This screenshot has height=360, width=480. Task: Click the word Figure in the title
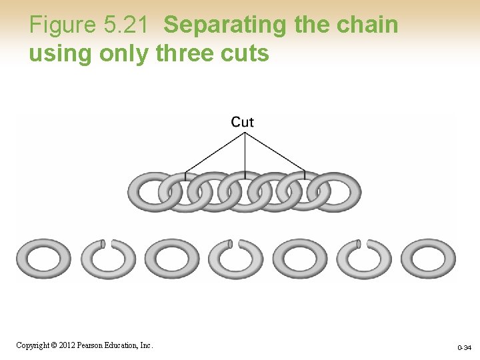coord(63,25)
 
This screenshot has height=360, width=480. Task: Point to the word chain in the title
coord(370,25)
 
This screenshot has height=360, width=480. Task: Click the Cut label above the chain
coord(243,121)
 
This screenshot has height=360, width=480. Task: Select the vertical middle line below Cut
coord(245,153)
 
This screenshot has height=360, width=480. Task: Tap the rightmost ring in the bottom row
coord(428,259)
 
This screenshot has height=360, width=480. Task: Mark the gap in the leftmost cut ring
coord(103,243)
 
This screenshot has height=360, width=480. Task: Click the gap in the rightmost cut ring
coord(360,243)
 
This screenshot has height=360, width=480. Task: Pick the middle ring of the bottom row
coord(235,259)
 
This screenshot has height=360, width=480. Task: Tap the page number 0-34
coord(464,347)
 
